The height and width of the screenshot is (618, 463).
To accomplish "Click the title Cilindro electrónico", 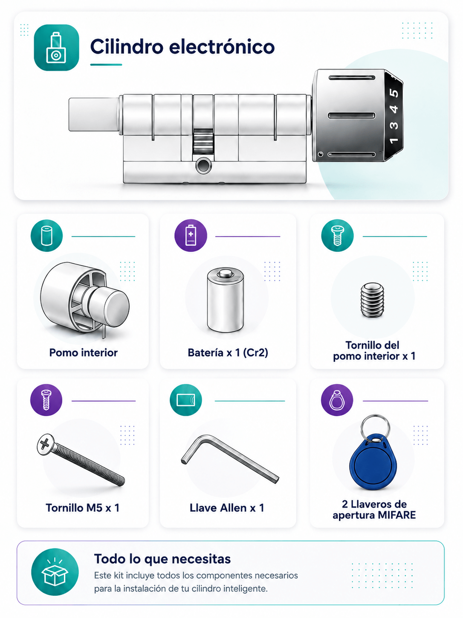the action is tap(182, 46).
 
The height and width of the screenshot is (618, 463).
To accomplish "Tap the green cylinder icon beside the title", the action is tap(56, 47).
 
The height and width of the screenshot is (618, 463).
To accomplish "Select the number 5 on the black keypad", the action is tap(394, 93).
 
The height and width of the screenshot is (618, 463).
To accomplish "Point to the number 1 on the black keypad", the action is tap(394, 140).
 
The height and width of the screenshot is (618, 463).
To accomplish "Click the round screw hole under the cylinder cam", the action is tap(203, 166).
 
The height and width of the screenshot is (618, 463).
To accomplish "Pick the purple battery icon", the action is tap(191, 235).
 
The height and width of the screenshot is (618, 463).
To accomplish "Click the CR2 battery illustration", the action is tap(225, 300).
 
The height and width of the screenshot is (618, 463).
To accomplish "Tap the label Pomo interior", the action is tap(83, 352).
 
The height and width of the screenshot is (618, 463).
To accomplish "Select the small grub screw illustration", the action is tap(372, 300).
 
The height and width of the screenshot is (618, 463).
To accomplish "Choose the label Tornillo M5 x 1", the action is tap(82, 507).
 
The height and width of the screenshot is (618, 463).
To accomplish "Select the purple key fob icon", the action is tap(337, 400).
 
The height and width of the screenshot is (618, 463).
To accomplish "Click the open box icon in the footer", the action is tap(55, 572).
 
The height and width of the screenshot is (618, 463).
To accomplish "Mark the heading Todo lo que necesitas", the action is tap(162, 559).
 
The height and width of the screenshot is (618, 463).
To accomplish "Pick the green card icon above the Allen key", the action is tap(185, 400).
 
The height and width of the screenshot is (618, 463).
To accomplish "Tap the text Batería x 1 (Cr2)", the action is tap(228, 353).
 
